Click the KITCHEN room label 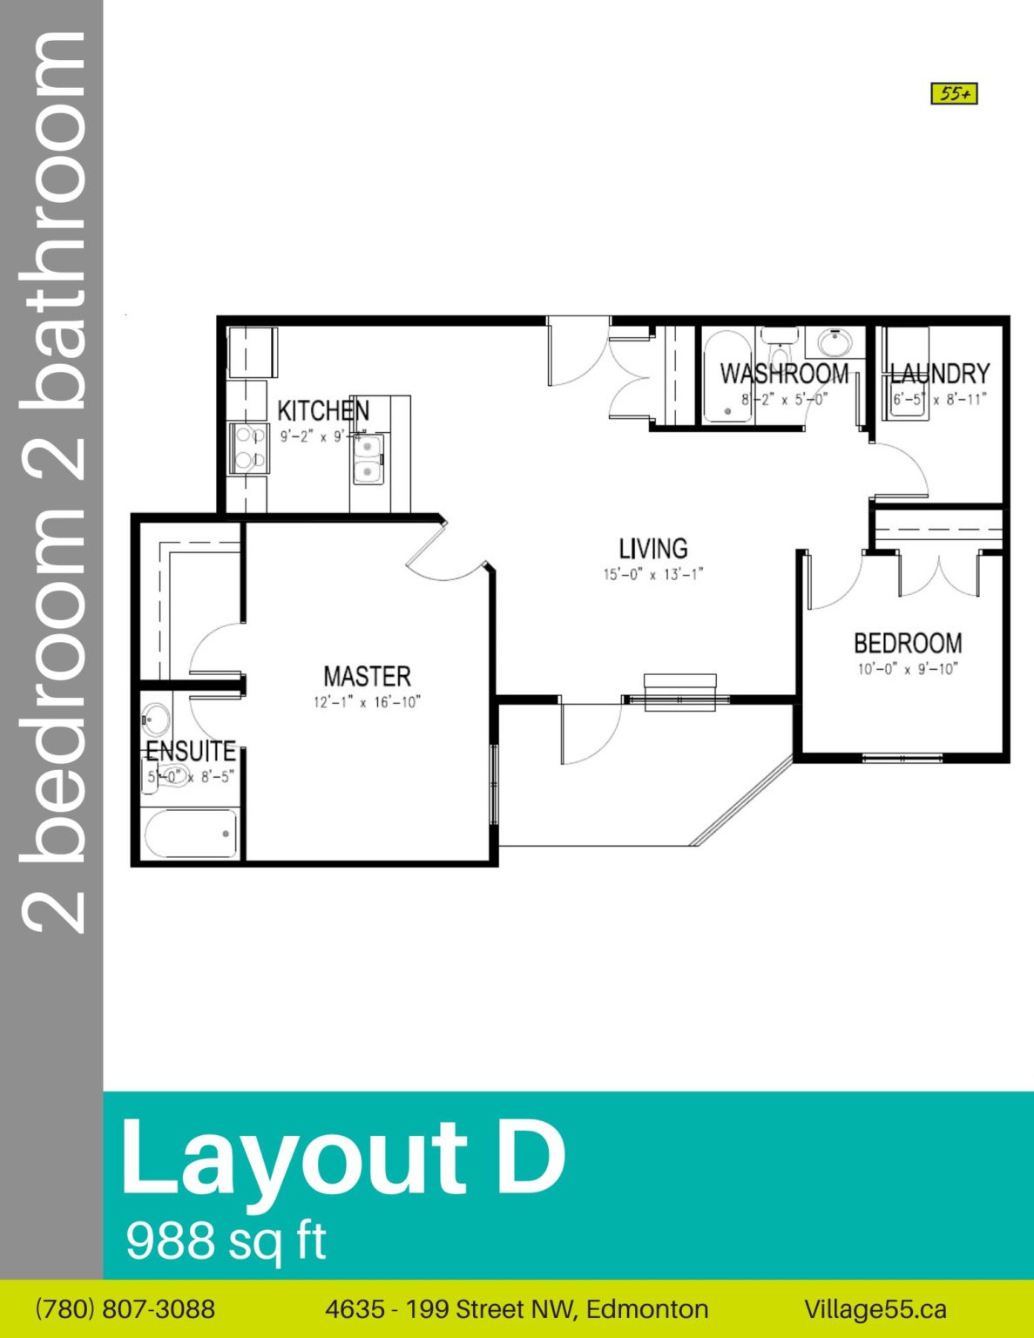click(x=322, y=410)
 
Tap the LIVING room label click(x=652, y=549)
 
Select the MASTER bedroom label click(x=367, y=676)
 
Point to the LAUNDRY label click(x=939, y=374)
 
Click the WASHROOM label click(x=784, y=374)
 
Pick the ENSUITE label click(x=191, y=751)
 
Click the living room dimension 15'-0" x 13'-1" click(x=652, y=574)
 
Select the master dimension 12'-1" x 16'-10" click(x=367, y=702)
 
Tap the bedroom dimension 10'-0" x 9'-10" click(x=908, y=669)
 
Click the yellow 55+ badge click(x=954, y=93)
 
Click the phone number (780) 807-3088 click(x=125, y=1308)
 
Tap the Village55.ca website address click(x=875, y=1308)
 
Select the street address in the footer click(x=517, y=1308)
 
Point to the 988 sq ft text click(x=226, y=1240)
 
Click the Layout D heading click(x=342, y=1158)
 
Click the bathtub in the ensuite click(x=191, y=834)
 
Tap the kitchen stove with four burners click(x=249, y=448)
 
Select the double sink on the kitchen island click(x=368, y=460)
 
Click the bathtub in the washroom click(x=727, y=376)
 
